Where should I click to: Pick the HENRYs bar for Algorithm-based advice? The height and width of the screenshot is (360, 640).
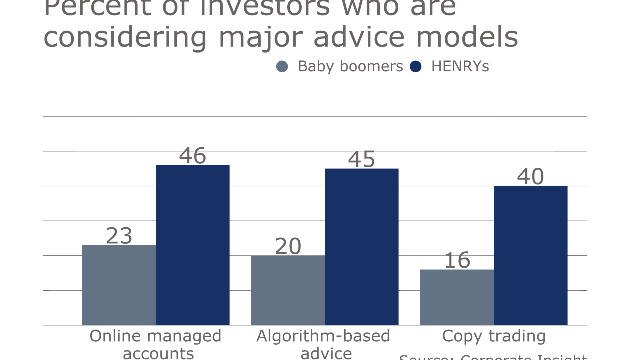[362, 247]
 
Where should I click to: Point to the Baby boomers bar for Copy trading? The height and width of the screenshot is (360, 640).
[457, 297]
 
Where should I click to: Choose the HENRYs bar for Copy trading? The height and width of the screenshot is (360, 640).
[531, 255]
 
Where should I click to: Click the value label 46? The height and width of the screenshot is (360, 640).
[193, 156]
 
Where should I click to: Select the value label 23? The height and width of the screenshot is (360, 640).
[119, 236]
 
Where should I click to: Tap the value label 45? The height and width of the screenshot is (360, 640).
[362, 159]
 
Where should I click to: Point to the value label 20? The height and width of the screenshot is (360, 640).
[288, 246]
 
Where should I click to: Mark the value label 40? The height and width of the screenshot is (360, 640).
[531, 177]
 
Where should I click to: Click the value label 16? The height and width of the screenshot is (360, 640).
[457, 260]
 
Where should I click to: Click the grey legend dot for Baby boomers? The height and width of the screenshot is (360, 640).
[282, 66]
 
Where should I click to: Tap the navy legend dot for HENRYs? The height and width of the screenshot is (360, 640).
[416, 66]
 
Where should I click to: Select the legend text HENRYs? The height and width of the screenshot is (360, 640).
[460, 66]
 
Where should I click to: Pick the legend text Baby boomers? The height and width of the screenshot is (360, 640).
[350, 66]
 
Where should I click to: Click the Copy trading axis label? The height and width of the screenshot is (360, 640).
[494, 336]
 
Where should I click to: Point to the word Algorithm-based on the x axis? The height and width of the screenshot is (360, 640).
[323, 336]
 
